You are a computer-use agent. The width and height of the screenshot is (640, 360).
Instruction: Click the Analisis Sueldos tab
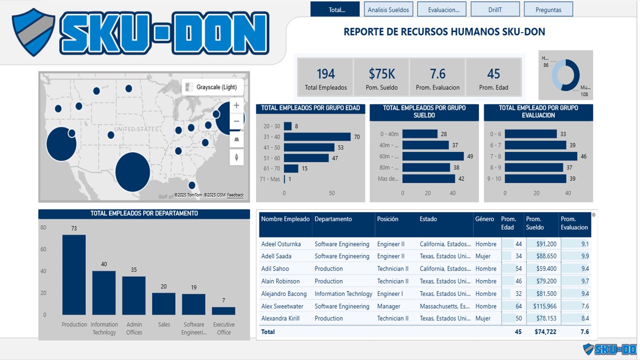coord(388,9)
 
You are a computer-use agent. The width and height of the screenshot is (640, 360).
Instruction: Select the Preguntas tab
coord(548,9)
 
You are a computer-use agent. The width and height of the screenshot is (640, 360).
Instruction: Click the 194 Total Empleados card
coord(325,77)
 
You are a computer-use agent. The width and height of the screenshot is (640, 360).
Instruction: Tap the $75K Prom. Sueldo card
coord(382,77)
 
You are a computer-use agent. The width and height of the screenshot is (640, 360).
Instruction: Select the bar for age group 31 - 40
coord(317,136)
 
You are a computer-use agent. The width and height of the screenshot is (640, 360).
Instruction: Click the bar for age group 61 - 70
coord(291,168)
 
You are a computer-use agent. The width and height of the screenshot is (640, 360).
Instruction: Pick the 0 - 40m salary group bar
coord(419,134)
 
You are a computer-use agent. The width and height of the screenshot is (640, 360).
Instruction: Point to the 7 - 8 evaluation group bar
coord(540,156)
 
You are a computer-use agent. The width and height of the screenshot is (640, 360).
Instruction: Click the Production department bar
coord(74,274)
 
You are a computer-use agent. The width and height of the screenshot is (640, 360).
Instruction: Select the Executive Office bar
coord(223,310)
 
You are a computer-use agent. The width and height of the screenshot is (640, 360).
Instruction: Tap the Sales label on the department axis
coord(164,324)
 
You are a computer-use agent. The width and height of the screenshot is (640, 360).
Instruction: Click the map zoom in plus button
coord(236,105)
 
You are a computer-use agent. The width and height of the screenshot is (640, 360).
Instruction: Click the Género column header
coord(484,219)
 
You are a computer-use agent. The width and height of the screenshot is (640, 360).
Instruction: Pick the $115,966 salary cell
coord(541,306)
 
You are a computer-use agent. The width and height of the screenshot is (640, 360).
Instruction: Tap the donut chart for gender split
coord(565,75)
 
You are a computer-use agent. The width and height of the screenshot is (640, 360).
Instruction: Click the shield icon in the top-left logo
coord(33,31)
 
